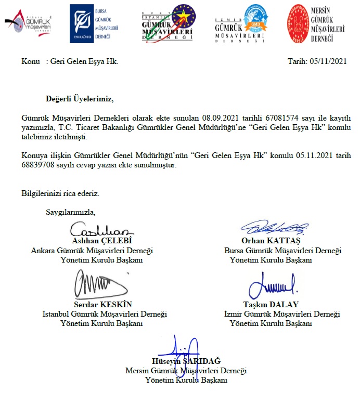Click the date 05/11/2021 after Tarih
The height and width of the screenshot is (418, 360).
[x=328, y=61]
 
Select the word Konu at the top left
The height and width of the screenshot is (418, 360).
[x=31, y=61]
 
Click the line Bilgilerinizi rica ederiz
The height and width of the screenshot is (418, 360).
[x=60, y=193]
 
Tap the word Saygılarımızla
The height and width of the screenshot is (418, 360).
[x=71, y=212]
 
